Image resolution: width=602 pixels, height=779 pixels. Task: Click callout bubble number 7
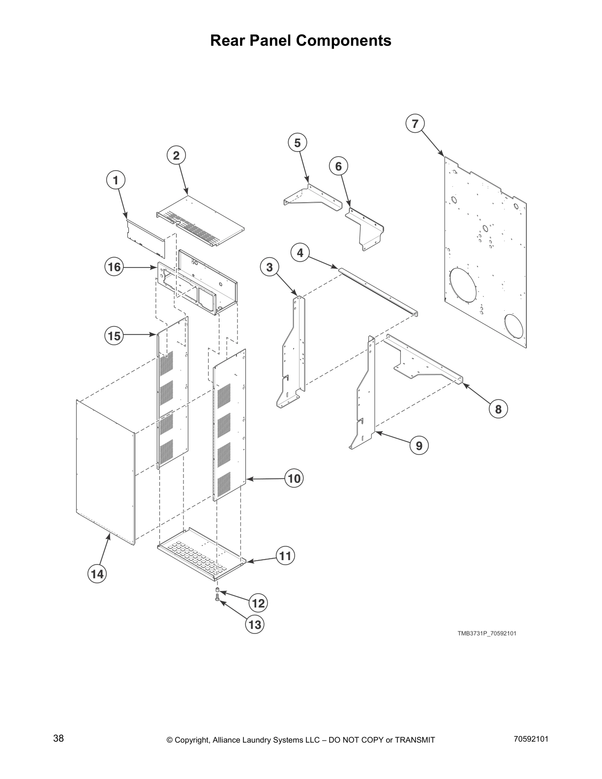[x=415, y=123]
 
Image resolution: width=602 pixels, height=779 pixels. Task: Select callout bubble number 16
[x=114, y=267]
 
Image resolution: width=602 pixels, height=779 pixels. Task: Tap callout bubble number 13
[x=255, y=625]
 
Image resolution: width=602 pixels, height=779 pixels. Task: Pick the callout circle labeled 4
[x=300, y=253]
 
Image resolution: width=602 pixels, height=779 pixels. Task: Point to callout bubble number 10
[x=294, y=478]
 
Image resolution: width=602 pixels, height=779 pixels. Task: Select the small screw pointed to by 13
[x=216, y=598]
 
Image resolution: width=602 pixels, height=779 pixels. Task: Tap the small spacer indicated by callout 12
[x=217, y=590]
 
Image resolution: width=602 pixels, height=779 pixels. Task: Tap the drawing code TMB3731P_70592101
[x=486, y=633]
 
